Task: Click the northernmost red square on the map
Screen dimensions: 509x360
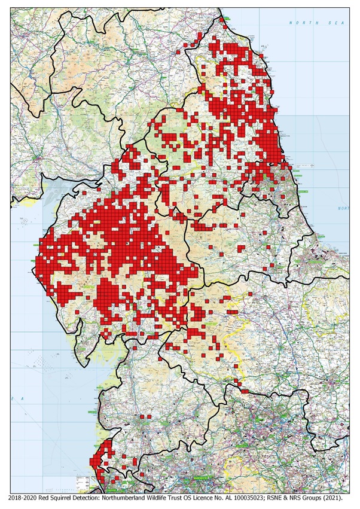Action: click(x=222, y=19)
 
